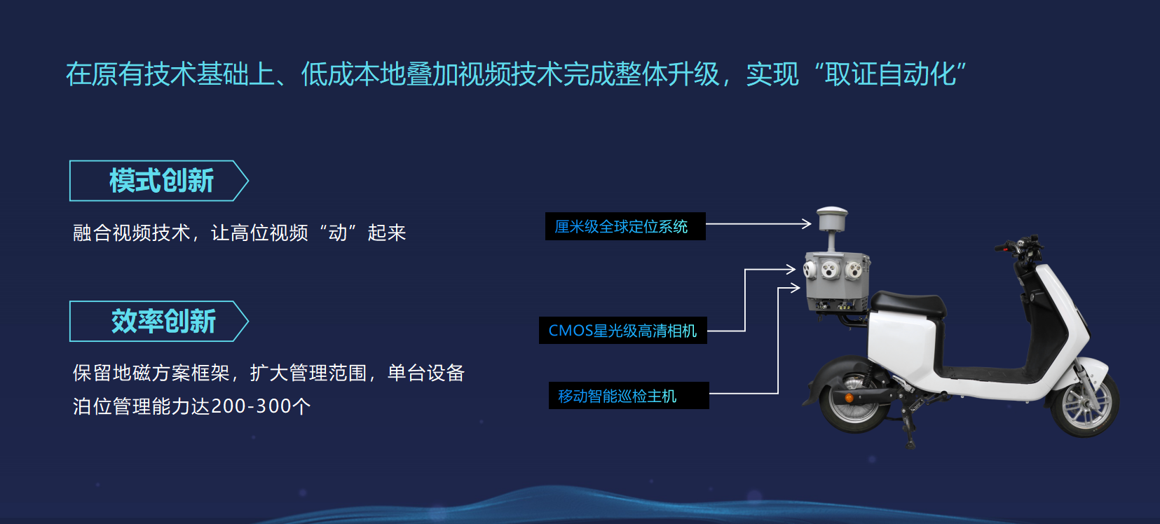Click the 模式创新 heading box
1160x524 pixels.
tap(159, 181)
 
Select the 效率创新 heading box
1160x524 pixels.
tap(159, 321)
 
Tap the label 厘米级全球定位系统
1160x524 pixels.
tap(625, 226)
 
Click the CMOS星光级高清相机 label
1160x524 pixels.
tap(622, 331)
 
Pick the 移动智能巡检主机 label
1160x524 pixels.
tap(629, 396)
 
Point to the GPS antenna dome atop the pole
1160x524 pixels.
tap(832, 219)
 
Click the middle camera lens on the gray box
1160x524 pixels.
tap(830, 269)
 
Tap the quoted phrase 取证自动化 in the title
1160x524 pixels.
tap(891, 74)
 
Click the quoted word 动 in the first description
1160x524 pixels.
tap(338, 233)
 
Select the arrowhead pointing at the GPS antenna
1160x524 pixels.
tap(806, 223)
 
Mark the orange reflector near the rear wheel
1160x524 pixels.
tap(849, 398)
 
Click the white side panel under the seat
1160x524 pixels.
tap(902, 346)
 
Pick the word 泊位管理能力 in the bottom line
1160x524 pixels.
tap(132, 406)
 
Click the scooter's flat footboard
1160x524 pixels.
tap(984, 373)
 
